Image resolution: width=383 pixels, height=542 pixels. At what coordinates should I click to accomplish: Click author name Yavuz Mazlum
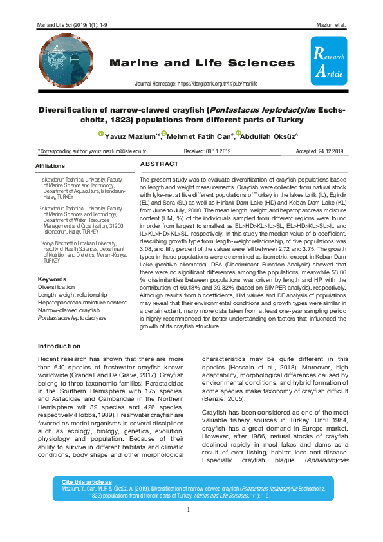(131, 136)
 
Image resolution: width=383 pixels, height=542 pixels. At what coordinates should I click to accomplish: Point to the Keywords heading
(52, 279)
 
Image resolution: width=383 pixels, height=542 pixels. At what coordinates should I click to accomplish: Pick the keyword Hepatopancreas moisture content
(82, 302)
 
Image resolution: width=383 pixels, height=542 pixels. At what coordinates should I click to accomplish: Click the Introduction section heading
(59, 346)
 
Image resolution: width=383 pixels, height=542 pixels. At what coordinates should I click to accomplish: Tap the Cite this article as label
(86, 481)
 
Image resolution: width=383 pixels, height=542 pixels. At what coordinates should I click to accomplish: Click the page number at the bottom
(191, 509)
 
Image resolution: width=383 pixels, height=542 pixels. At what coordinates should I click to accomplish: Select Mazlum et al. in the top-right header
(332, 25)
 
